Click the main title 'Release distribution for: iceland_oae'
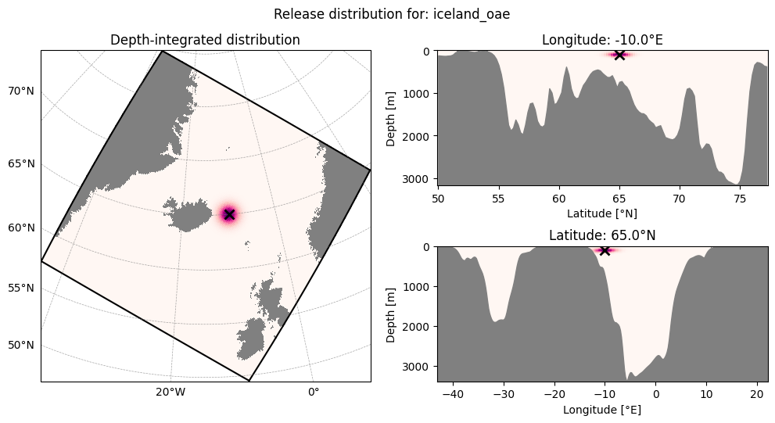click(392, 14)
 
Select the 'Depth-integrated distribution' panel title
click(205, 40)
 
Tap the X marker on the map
click(229, 214)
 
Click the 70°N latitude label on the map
click(21, 91)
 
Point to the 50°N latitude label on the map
click(21, 345)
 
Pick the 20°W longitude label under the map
click(170, 392)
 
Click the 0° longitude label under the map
click(314, 392)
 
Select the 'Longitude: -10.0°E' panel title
click(602, 40)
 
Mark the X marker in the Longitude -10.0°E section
click(619, 55)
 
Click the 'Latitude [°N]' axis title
click(602, 213)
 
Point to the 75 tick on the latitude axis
click(740, 198)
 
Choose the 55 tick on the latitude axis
click(499, 198)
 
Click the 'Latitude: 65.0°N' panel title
click(602, 235)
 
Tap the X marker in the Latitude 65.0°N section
click(605, 250)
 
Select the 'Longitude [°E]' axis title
click(602, 410)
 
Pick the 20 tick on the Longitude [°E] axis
click(757, 394)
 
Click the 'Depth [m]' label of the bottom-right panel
click(391, 315)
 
